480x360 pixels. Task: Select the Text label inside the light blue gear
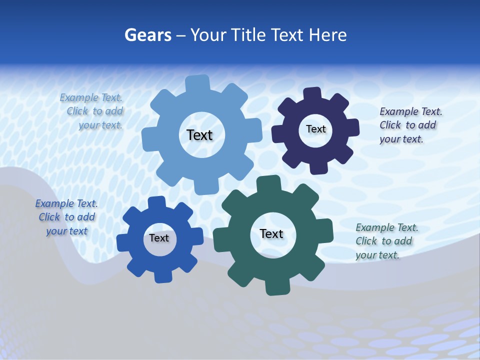[x=199, y=135]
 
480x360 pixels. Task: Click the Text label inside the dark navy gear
[x=315, y=129]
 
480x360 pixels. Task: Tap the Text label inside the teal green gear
[x=271, y=233]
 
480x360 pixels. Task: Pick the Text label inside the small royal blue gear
[x=159, y=238]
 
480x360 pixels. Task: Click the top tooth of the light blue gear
[x=197, y=82]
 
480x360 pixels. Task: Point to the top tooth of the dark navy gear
[x=312, y=93]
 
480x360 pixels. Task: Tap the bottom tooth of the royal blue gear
[x=162, y=276]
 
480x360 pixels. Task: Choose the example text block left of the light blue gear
[x=92, y=111]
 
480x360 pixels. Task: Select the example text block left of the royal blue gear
[x=66, y=217]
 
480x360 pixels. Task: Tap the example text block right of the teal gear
[x=385, y=241]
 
